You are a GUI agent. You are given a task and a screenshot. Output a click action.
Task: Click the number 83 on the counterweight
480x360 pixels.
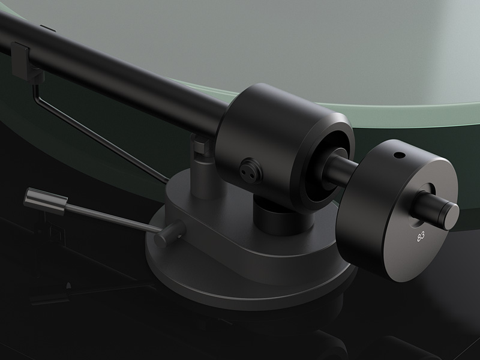(x=421, y=236)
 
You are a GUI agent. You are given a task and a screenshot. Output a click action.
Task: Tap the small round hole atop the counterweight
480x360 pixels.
(x=398, y=156)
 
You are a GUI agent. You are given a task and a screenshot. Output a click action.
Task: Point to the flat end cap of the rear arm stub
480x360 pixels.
(x=450, y=212)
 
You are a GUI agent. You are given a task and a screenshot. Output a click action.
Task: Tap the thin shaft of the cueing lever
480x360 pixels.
(x=113, y=217)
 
